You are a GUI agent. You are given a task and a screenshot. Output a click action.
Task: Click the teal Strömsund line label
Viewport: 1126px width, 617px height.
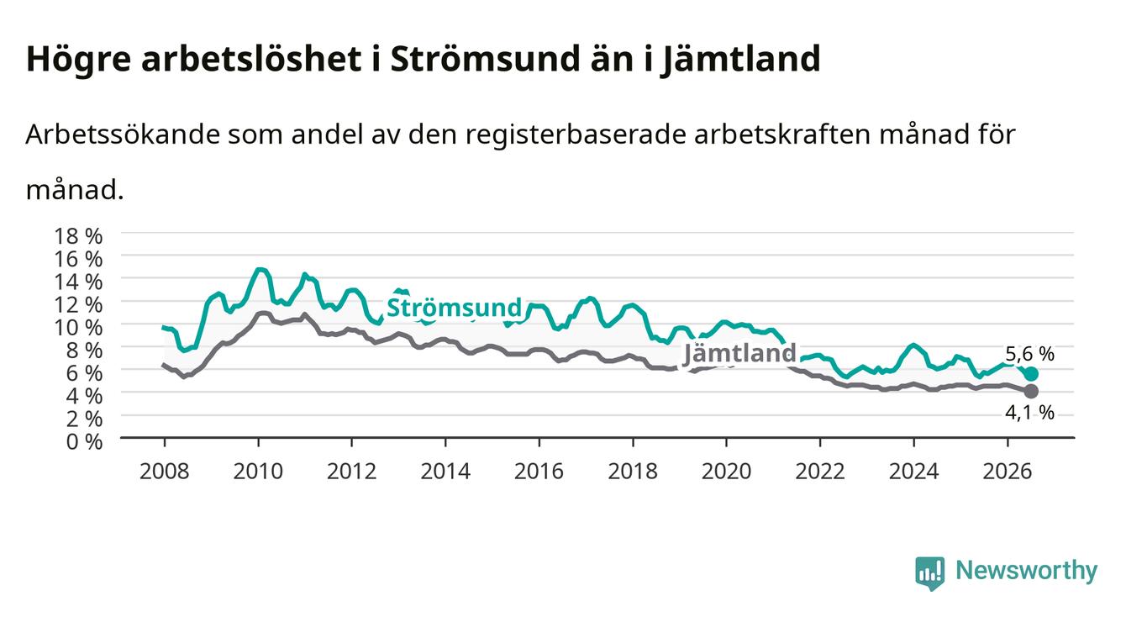pyautogui.click(x=455, y=308)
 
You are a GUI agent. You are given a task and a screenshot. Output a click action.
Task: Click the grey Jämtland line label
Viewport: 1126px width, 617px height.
pyautogui.click(x=739, y=353)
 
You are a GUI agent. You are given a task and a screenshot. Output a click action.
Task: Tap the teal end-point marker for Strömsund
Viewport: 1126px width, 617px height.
pyautogui.click(x=1031, y=373)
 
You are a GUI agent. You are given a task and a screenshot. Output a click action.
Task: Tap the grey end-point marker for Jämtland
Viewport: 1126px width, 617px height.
pyautogui.click(x=1031, y=391)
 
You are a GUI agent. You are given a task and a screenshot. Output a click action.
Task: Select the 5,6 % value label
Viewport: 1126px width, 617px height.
pyautogui.click(x=1029, y=354)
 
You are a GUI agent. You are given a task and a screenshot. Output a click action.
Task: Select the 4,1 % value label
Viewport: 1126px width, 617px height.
pyautogui.click(x=1029, y=413)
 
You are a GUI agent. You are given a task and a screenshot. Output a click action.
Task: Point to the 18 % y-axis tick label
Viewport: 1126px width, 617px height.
pyautogui.click(x=78, y=236)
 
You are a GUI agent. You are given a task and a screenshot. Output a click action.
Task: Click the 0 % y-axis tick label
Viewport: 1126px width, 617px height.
pyautogui.click(x=84, y=442)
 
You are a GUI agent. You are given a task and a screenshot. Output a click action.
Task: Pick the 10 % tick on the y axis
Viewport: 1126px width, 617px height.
pyautogui.click(x=78, y=327)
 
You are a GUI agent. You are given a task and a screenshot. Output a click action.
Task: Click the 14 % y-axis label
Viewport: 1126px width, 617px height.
pyautogui.click(x=78, y=282)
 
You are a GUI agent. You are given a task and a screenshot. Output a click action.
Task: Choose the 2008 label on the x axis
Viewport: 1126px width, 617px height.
pyautogui.click(x=165, y=472)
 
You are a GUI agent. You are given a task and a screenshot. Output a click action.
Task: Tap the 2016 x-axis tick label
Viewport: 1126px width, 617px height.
pyautogui.click(x=539, y=472)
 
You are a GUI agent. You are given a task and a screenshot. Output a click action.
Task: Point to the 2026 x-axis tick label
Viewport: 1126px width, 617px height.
pyautogui.click(x=1008, y=472)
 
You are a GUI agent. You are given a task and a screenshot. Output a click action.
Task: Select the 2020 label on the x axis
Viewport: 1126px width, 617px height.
pyautogui.click(x=726, y=472)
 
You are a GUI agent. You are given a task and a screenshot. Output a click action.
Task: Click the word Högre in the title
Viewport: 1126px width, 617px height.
pyautogui.click(x=78, y=60)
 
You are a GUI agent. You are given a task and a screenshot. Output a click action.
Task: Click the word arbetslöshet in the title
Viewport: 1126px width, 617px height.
pyautogui.click(x=251, y=58)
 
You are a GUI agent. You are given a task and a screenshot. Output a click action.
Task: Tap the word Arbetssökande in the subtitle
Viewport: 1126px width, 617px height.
pyautogui.click(x=124, y=134)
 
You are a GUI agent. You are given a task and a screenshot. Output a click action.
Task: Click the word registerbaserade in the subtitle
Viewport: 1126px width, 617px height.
pyautogui.click(x=576, y=135)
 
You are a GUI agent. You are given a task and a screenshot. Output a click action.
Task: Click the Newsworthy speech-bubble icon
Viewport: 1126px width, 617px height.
pyautogui.click(x=930, y=573)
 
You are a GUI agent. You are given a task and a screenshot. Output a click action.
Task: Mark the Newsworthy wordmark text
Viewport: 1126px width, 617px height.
pyautogui.click(x=1027, y=570)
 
